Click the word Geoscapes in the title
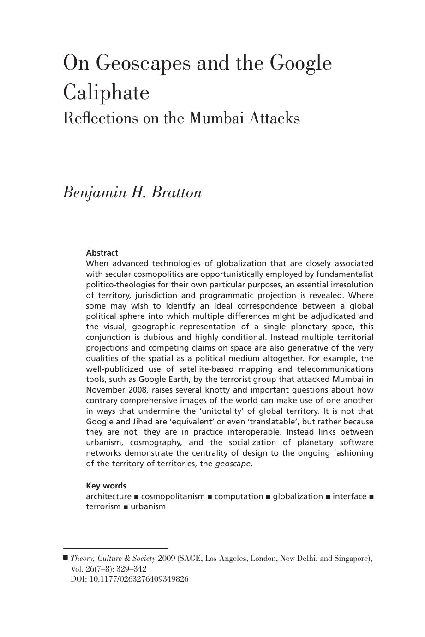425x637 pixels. (143, 63)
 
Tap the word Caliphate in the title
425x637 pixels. (106, 92)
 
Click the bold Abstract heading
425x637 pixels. (102, 253)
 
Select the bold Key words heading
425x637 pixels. (106, 486)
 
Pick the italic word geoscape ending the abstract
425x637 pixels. (233, 464)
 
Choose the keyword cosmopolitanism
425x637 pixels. (173, 496)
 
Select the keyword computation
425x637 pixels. (239, 496)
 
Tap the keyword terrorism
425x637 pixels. (103, 506)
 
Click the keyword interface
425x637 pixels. (349, 496)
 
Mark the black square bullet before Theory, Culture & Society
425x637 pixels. (66, 558)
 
